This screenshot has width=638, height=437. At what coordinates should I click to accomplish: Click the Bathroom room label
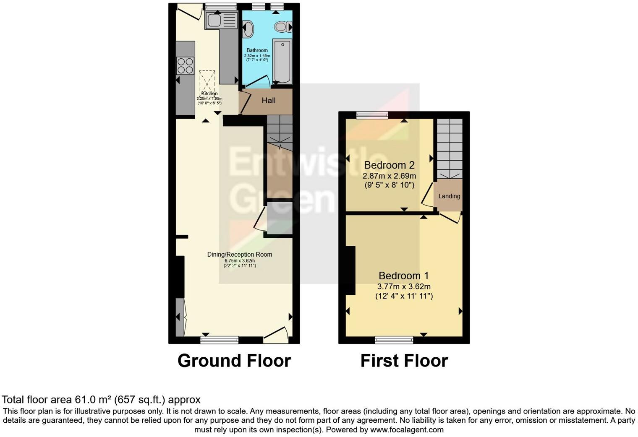click(257, 50)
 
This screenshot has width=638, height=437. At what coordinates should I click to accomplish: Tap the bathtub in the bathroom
click(281, 61)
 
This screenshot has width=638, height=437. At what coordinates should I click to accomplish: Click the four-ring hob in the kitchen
click(185, 66)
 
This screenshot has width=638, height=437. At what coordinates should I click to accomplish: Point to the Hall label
click(269, 101)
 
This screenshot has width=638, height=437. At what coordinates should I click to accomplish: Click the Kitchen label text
click(209, 94)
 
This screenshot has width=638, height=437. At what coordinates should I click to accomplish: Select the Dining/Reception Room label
click(239, 255)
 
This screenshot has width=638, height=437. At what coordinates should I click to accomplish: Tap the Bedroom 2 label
click(390, 165)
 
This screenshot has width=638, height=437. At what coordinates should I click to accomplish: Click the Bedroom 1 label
click(403, 276)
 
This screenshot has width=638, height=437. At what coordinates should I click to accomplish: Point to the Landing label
click(449, 196)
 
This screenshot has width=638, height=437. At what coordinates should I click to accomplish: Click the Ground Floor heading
click(234, 361)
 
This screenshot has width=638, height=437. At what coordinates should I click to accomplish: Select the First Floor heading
click(404, 361)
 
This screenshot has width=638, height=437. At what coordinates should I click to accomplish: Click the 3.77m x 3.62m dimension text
click(404, 287)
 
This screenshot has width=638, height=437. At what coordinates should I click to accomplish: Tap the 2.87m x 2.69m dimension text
click(390, 176)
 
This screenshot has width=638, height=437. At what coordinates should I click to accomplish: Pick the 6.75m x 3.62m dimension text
click(239, 260)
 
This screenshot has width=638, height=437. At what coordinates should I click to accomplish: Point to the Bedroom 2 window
click(372, 115)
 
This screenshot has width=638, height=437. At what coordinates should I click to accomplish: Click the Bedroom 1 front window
click(394, 340)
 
